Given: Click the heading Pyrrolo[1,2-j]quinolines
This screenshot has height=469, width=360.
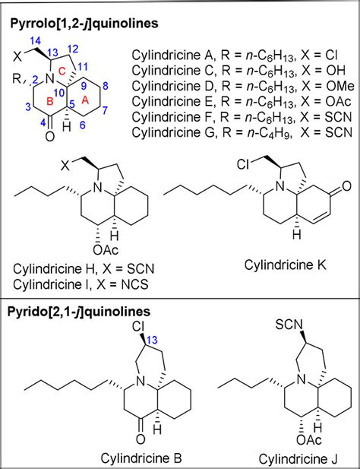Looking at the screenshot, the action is point(84,23).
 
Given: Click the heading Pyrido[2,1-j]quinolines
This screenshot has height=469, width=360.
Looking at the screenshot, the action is point(79,312).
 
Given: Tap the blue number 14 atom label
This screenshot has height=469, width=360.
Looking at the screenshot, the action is point(36,41).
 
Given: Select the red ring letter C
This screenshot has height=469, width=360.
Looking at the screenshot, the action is point(62,71).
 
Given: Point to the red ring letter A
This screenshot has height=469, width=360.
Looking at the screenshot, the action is point(85,100).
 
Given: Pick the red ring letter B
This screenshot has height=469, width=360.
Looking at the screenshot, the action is point(50,101).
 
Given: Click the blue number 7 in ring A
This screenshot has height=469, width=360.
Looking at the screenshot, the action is point(105,110).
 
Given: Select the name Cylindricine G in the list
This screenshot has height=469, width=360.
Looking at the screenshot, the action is point(173,132).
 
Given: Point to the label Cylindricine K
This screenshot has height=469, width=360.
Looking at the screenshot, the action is point(285,265).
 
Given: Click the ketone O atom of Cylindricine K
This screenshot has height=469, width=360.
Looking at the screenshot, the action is point(346,186).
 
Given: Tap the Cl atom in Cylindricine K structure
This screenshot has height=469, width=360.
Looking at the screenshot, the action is point(243,164).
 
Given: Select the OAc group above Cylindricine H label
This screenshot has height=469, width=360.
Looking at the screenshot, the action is point(106,250).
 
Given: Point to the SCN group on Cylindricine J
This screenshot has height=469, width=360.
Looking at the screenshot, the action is point(289,325).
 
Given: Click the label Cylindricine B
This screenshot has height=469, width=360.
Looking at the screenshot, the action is point(141,458).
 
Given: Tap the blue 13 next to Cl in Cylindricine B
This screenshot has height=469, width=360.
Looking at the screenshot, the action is point(151,340).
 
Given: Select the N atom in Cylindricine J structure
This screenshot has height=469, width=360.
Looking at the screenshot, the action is point(302,380).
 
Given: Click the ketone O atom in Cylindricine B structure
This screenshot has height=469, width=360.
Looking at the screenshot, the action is point(140,439).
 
